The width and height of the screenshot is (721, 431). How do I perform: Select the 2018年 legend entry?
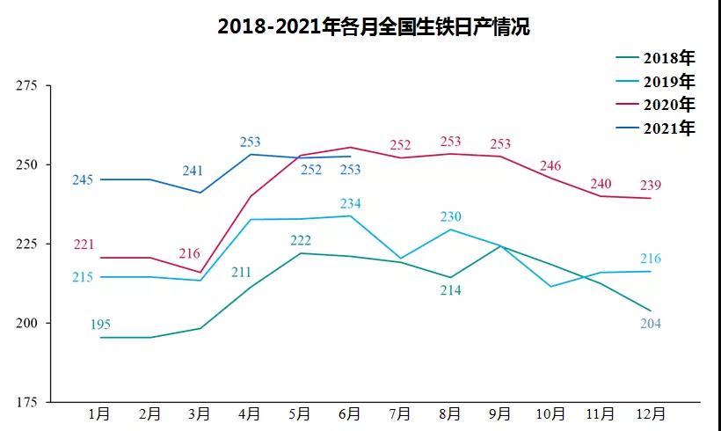point(668,59)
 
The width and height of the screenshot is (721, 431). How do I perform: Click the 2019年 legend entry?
point(668,82)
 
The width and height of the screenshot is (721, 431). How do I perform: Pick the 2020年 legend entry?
point(668,105)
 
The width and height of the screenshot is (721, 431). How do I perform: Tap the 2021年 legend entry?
point(668,128)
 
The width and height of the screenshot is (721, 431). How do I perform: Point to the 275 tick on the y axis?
point(26,86)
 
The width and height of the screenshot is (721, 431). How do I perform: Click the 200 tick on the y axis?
point(26,323)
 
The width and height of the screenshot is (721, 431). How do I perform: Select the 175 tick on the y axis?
point(26,402)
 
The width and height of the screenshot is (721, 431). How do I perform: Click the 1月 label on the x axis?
point(99,413)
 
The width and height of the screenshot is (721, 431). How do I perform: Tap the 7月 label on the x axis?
point(400,413)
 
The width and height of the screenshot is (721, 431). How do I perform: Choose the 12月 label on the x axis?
point(650,413)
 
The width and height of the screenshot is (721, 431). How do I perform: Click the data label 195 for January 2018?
point(100,325)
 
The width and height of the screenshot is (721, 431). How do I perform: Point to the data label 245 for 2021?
point(83,180)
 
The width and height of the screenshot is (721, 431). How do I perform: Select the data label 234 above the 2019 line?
point(351,203)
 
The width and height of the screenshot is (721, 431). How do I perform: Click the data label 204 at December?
point(651,324)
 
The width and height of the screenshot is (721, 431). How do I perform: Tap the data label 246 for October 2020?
point(550,165)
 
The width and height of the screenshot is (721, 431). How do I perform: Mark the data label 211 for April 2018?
point(243,272)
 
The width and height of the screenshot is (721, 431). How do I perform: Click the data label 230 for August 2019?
point(451,216)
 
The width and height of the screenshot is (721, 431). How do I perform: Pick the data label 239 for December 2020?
point(651,185)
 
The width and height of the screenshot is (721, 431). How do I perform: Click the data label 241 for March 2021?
point(193,172)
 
